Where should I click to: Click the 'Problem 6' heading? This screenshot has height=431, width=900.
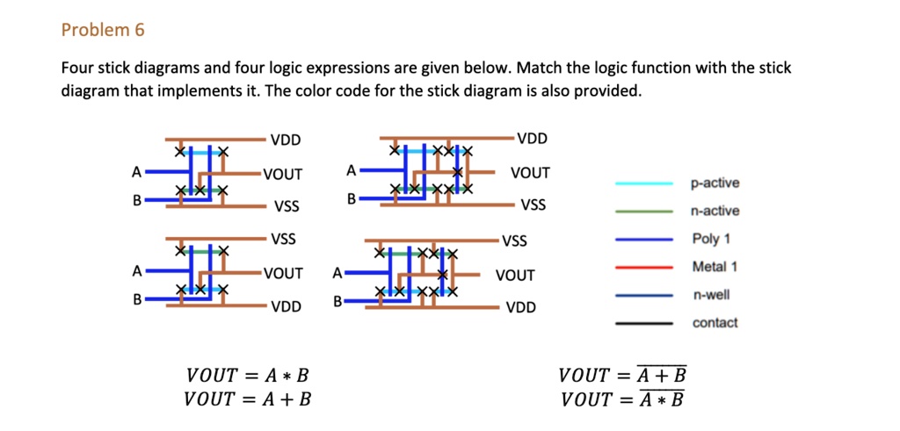click(103, 31)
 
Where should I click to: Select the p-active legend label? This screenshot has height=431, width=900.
click(715, 183)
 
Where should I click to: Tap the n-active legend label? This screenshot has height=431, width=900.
click(715, 212)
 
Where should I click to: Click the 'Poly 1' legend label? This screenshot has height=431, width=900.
click(711, 239)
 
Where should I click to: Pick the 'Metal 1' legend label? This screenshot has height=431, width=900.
click(715, 267)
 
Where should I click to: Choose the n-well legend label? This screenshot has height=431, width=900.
click(711, 295)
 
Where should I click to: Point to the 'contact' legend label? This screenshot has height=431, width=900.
click(715, 323)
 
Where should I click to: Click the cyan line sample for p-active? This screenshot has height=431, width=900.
click(644, 183)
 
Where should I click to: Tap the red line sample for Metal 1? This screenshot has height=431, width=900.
click(644, 267)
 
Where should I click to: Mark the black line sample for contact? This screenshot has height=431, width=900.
click(644, 323)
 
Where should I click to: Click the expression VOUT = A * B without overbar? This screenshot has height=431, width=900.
click(247, 377)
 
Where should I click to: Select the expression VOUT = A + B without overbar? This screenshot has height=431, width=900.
click(247, 400)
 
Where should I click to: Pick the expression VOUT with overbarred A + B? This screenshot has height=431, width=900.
click(622, 377)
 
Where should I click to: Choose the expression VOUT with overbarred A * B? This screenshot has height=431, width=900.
click(622, 400)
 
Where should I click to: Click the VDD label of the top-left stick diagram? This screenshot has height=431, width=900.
click(286, 140)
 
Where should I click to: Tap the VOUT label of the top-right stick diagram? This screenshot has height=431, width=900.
click(529, 173)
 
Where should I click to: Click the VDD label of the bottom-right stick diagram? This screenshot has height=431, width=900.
click(521, 308)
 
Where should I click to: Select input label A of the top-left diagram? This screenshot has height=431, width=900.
click(136, 172)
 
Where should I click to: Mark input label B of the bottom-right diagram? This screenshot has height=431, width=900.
click(337, 303)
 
